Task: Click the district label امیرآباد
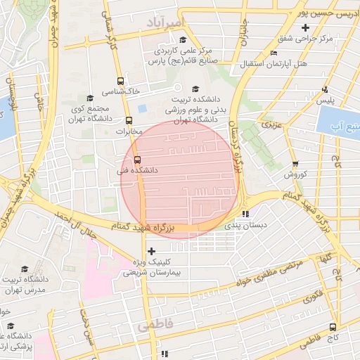(x=164, y=24)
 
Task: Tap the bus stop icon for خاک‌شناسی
(x=121, y=81)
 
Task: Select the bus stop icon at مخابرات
(x=128, y=120)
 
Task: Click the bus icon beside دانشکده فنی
(x=136, y=159)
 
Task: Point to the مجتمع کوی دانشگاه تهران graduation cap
(x=89, y=98)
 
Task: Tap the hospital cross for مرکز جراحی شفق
(x=304, y=28)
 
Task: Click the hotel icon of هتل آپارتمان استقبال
(x=274, y=53)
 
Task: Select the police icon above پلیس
(x=324, y=89)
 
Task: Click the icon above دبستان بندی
(x=244, y=214)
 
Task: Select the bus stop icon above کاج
(x=333, y=326)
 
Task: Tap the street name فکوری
(x=311, y=297)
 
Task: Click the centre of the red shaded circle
(x=180, y=179)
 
